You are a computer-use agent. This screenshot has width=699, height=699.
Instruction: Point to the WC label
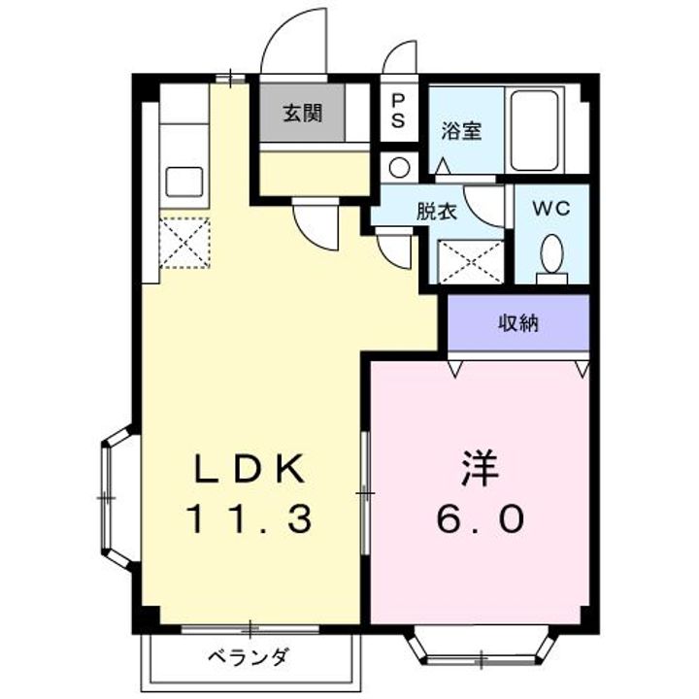click(x=549, y=208)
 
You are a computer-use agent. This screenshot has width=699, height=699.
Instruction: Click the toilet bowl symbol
click(x=550, y=256)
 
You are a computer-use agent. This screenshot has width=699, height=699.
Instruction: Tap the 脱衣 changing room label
click(x=435, y=211)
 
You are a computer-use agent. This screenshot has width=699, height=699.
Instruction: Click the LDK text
click(x=250, y=471)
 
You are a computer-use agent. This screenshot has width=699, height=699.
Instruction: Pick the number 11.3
click(x=250, y=521)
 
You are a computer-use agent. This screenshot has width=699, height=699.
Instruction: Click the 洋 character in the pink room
click(x=480, y=471)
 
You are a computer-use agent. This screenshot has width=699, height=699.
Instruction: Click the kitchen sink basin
click(x=184, y=181)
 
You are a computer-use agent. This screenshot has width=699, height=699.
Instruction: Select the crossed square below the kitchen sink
click(x=184, y=241)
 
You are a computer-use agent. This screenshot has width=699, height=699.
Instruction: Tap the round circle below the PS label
click(x=399, y=166)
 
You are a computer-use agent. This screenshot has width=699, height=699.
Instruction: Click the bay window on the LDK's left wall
click(x=116, y=497)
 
